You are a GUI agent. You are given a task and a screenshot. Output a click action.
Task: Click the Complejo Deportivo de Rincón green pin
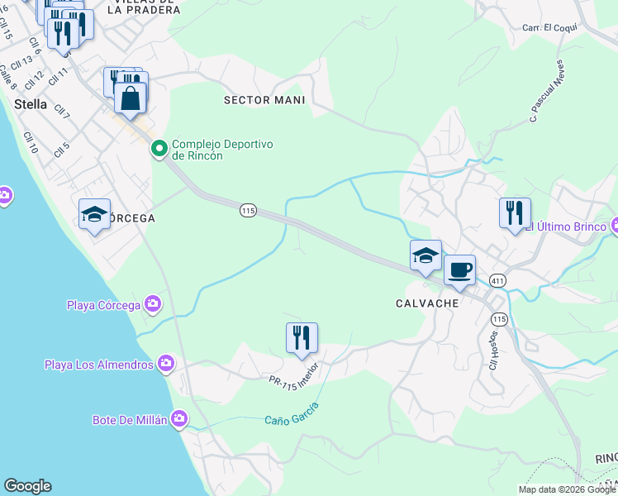(x=159, y=150)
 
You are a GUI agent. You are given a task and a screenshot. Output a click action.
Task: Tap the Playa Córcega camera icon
(x=152, y=305)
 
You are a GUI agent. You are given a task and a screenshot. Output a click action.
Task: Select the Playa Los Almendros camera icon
(x=166, y=364)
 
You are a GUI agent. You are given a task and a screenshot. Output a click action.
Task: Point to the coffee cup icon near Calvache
(x=459, y=270)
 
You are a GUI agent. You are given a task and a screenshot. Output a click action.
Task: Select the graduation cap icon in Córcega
(x=94, y=215)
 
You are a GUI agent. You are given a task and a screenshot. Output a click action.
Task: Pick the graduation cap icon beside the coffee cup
(x=425, y=255)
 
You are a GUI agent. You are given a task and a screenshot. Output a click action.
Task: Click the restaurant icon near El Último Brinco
(x=515, y=213)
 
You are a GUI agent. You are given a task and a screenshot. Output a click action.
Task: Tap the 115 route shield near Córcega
(x=248, y=211)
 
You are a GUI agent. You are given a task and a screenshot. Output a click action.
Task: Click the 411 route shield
(x=497, y=281)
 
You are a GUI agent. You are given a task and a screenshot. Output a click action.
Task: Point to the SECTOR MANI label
(x=264, y=100)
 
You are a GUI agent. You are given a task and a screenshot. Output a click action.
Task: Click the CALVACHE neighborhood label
(x=426, y=303)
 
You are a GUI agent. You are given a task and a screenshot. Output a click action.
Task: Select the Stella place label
(x=31, y=104)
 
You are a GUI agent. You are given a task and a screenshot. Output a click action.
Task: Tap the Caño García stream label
(x=292, y=411)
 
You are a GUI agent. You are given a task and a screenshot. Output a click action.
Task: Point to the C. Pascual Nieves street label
(x=547, y=92)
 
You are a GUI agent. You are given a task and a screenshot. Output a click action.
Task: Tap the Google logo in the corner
(x=27, y=485)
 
